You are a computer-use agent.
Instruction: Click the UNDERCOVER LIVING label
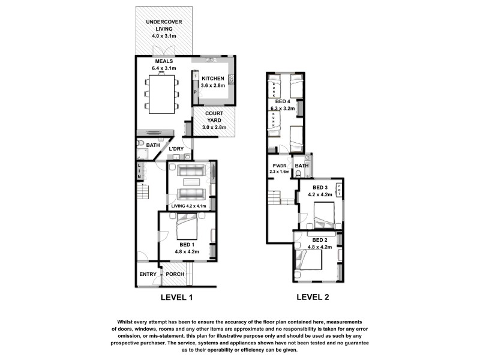[x=164, y=28]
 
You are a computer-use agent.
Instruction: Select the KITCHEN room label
[x=213, y=79]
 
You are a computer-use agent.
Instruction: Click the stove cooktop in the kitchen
[x=231, y=79]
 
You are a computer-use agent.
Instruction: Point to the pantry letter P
[x=195, y=92]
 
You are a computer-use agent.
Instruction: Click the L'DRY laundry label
[x=176, y=148]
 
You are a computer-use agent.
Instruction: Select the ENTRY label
[x=148, y=274]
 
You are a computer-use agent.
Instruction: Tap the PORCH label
[x=175, y=274]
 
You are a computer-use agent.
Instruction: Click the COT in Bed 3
[x=339, y=190]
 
